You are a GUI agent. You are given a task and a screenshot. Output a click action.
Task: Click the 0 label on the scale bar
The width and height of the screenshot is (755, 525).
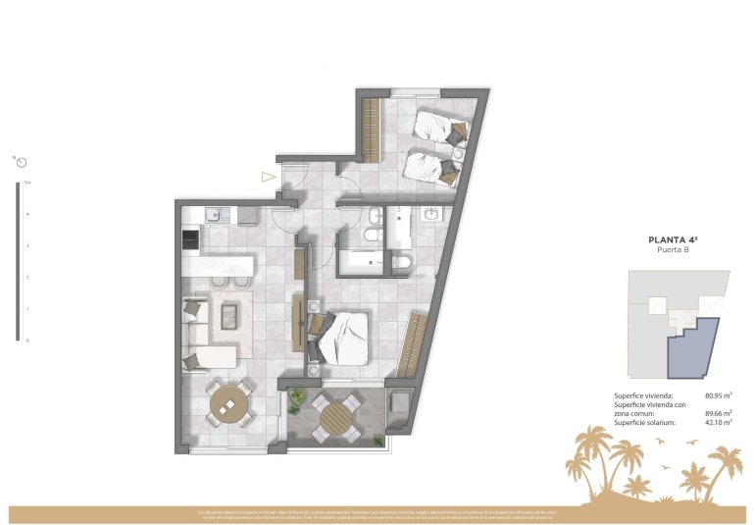click(x=27, y=341)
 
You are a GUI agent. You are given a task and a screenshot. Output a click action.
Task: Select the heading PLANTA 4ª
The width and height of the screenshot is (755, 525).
click(x=672, y=239)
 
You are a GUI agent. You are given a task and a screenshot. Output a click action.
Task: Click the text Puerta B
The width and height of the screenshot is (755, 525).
click(x=672, y=250)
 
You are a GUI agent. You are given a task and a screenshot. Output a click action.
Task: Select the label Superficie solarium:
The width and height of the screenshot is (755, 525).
click(x=646, y=422)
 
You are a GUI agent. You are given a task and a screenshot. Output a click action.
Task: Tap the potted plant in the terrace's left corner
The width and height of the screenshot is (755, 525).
click(x=296, y=397)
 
